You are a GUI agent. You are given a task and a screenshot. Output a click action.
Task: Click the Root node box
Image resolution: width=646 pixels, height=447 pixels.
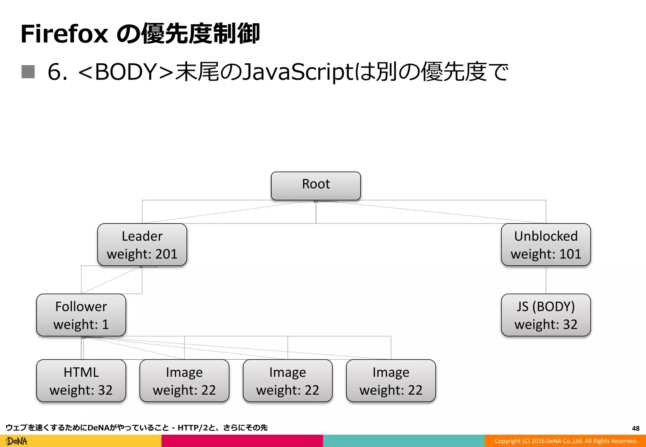(x=316, y=186)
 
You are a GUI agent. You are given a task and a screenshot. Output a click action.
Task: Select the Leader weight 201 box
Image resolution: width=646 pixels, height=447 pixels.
(x=142, y=245)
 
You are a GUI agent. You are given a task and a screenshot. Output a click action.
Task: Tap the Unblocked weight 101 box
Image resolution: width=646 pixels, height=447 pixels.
(x=546, y=245)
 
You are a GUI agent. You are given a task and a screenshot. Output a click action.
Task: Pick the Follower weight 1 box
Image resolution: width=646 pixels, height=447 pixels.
(x=81, y=315)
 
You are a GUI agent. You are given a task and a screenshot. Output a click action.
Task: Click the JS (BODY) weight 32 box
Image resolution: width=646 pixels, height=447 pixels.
(x=546, y=315)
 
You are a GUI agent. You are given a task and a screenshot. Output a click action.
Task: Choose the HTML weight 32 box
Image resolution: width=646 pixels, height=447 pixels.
(x=81, y=380)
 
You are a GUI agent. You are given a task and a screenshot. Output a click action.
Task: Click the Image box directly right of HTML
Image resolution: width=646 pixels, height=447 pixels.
(x=184, y=380)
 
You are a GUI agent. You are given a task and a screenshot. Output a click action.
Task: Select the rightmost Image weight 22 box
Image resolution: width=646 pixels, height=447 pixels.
(x=391, y=380)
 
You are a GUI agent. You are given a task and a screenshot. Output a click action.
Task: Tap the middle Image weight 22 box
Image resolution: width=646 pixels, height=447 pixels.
(x=287, y=380)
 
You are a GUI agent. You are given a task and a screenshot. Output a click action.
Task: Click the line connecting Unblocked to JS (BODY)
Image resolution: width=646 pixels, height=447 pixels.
(x=546, y=280)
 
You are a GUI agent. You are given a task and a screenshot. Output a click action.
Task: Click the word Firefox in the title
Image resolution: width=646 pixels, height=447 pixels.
(x=64, y=34)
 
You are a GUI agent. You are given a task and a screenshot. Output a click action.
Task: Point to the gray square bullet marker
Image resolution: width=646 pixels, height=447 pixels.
(x=28, y=72)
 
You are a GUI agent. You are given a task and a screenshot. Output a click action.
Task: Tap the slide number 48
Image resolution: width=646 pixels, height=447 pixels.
(x=636, y=428)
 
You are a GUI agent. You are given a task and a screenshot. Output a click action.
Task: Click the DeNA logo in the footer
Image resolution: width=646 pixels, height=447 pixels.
(x=17, y=441)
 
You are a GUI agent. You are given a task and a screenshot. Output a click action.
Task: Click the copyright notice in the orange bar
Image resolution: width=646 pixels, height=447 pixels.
(x=566, y=441)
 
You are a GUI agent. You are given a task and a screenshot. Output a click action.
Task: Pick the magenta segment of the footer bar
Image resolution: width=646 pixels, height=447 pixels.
(x=242, y=441)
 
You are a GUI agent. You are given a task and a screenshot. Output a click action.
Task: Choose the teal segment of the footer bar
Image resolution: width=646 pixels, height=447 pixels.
(x=404, y=441)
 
